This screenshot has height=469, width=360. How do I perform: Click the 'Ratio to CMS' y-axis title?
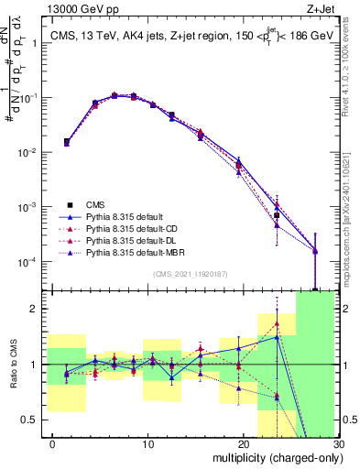pyautogui.click(x=13, y=366)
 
